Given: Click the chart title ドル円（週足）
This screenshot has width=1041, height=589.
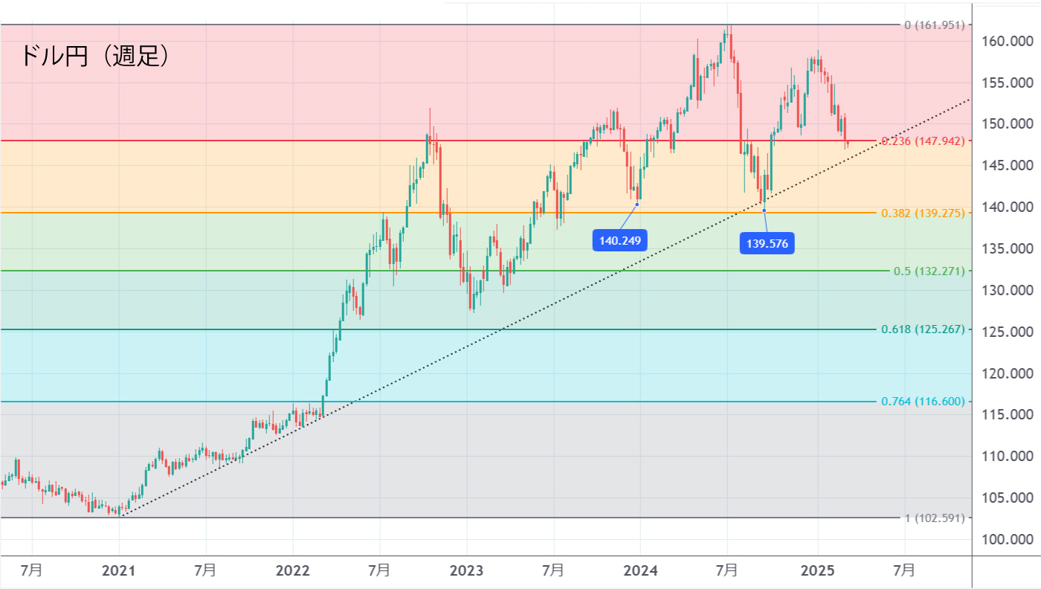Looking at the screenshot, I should (x=94, y=56).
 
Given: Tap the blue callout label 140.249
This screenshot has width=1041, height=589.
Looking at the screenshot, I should (x=619, y=240).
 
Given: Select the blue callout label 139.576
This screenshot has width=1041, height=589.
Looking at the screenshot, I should (x=767, y=243).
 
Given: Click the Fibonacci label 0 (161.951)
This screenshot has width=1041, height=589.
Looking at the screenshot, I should (x=934, y=25).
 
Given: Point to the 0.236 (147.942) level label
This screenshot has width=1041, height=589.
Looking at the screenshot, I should (x=922, y=141).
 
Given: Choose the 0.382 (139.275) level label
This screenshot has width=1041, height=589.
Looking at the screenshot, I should (x=922, y=213).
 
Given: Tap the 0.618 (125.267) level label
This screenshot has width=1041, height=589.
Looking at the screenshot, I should (x=922, y=329).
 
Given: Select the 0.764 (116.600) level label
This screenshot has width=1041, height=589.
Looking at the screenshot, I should (x=922, y=402).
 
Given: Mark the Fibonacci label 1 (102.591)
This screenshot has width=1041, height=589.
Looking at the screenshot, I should (x=934, y=518).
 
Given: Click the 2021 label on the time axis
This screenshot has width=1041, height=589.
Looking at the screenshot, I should (x=118, y=570).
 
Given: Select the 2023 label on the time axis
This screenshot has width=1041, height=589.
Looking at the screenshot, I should (x=466, y=570).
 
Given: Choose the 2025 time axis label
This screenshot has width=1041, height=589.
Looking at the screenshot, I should (x=816, y=570).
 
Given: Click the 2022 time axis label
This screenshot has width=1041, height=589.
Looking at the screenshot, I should (x=292, y=570).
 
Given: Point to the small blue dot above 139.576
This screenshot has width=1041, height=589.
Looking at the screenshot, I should (x=764, y=210).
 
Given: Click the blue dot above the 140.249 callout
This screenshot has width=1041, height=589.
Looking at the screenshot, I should (x=637, y=204).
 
